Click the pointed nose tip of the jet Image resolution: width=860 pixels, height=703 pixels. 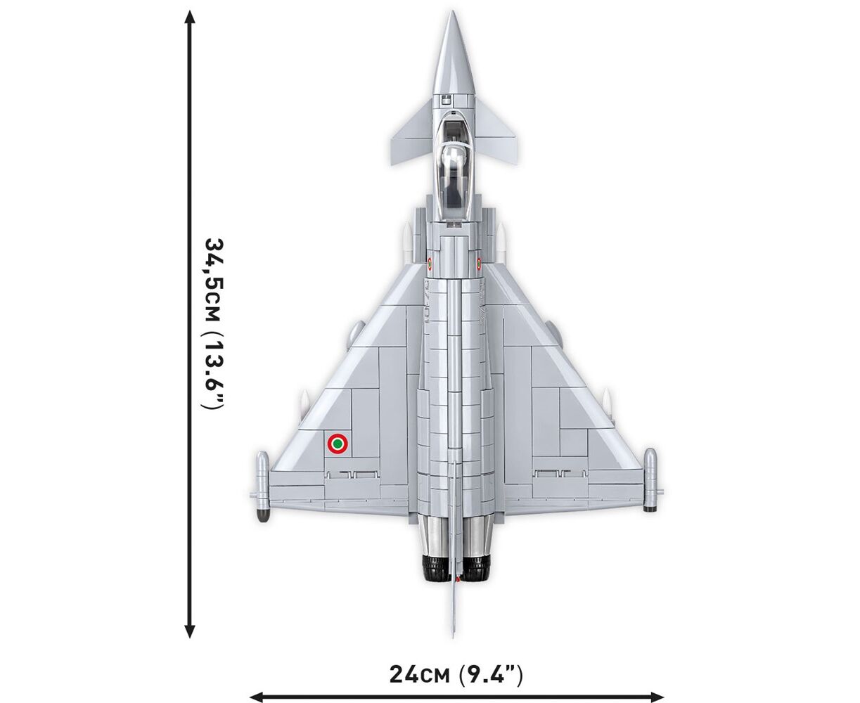453,11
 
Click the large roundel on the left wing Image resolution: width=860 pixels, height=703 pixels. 338,444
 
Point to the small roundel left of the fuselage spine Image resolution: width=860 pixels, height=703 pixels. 430,264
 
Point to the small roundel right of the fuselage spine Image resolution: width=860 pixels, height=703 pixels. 479,264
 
